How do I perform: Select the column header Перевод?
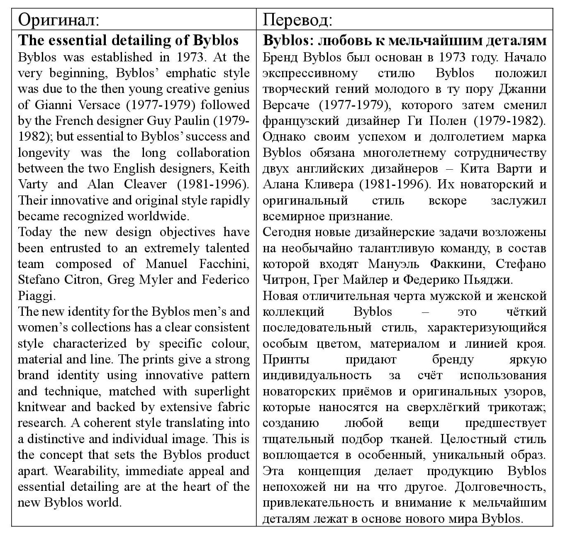click(x=297, y=20)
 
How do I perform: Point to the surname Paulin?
click(x=192, y=120)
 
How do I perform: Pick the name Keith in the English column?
click(x=234, y=168)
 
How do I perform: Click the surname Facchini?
click(x=224, y=264)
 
